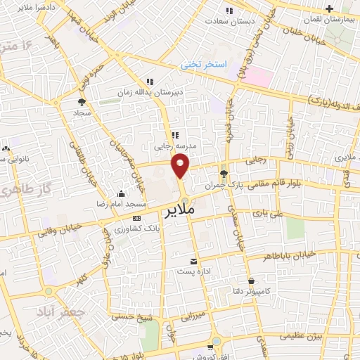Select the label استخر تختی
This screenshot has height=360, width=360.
[x=205, y=64]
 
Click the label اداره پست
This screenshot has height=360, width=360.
[x=193, y=271]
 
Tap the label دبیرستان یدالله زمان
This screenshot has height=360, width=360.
[x=150, y=92]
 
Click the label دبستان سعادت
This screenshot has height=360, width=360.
[x=229, y=21]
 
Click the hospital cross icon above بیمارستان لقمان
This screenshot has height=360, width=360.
[x=328, y=8]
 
